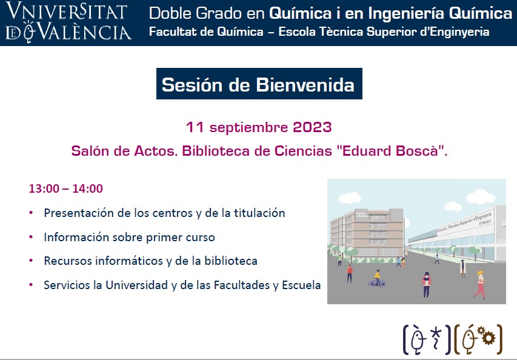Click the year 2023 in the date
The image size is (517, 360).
pyautogui.click(x=312, y=127)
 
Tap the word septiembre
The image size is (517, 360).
pyautogui.click(x=248, y=128)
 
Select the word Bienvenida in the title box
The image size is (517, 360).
pyautogui.click(x=305, y=85)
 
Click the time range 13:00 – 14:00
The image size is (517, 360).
pyautogui.click(x=66, y=188)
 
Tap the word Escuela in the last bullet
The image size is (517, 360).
pyautogui.click(x=301, y=285)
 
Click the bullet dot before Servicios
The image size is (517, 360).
pyautogui.click(x=31, y=284)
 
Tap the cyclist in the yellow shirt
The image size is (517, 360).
pyautogui.click(x=378, y=279)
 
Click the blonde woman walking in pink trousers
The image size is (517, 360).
pyautogui.click(x=480, y=284)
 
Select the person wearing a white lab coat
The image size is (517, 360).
pyautogui.click(x=463, y=268)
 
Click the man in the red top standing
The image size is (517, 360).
pyautogui.click(x=350, y=273)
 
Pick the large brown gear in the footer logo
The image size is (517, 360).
pyautogui.click(x=489, y=338)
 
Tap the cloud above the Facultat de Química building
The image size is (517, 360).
pyautogui.click(x=350, y=198)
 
